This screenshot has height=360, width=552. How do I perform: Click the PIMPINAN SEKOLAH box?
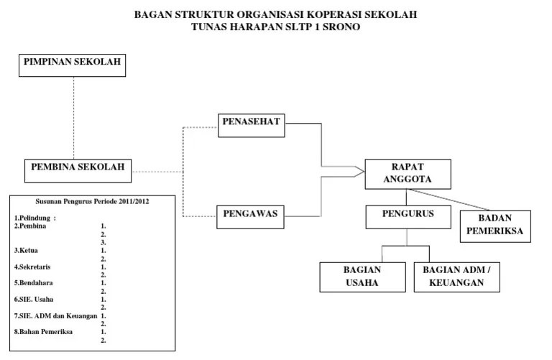[x=73, y=65]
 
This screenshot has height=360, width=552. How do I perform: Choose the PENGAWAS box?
[x=251, y=214]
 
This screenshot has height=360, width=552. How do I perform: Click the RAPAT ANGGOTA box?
[x=408, y=173]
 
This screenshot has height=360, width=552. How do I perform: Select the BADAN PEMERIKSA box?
[x=495, y=226]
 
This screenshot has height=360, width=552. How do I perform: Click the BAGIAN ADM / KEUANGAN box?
[x=457, y=276]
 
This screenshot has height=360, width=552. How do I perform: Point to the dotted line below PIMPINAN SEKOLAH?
[x=73, y=115]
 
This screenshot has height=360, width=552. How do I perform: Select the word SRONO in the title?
[x=340, y=27]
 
